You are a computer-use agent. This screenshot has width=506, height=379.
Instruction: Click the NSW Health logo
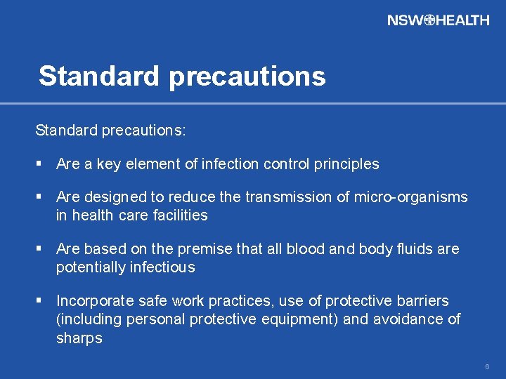[438, 20]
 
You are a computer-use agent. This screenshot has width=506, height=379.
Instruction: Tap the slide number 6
[487, 367]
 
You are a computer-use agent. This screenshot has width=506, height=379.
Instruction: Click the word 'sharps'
[79, 338]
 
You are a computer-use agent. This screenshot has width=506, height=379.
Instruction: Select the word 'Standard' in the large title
[99, 76]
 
